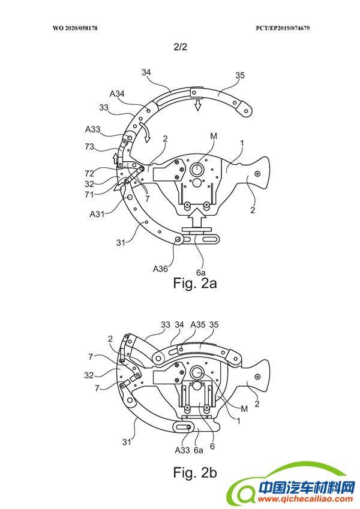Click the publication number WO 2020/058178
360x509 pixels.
[x=75, y=28]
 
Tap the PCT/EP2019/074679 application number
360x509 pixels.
[x=283, y=28]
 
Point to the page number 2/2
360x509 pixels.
[x=181, y=47]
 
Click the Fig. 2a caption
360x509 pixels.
[x=195, y=283]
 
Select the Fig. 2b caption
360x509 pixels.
[x=195, y=472]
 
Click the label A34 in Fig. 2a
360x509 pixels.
[x=117, y=94]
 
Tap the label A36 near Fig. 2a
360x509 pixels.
[x=161, y=269]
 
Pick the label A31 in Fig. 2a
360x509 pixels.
[x=97, y=214]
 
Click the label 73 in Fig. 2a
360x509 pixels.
[x=89, y=147]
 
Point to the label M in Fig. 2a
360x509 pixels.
[x=214, y=136]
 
